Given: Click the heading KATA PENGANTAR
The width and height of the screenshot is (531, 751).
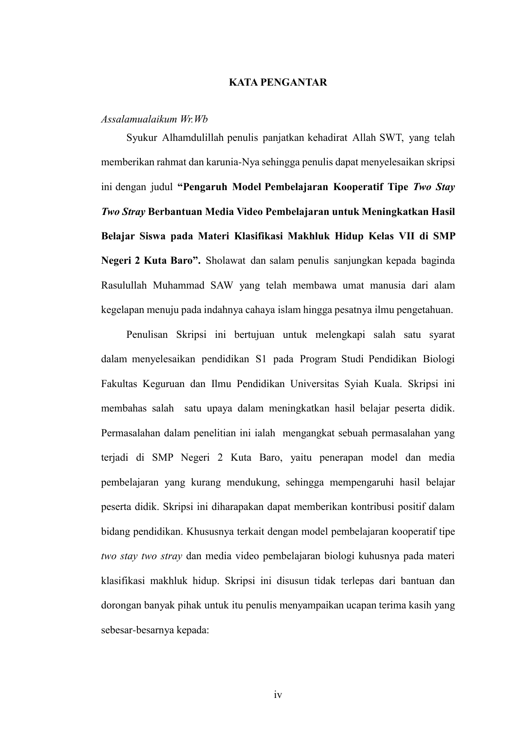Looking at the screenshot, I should tap(278, 83).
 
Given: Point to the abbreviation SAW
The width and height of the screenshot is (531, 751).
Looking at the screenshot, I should tap(221, 286).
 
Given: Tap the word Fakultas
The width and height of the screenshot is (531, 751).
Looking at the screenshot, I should tap(119, 384).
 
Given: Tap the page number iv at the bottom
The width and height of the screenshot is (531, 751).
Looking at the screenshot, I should tap(278, 695).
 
